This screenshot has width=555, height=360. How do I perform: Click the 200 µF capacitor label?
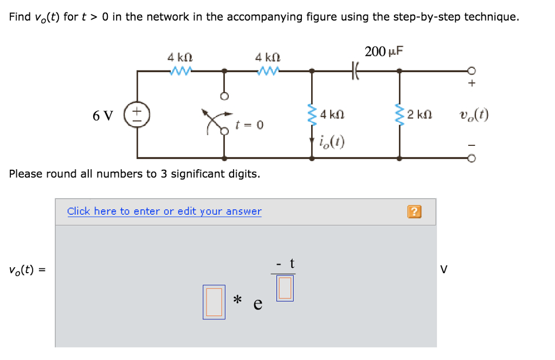(x=384, y=52)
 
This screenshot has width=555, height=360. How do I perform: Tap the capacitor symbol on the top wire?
(x=356, y=70)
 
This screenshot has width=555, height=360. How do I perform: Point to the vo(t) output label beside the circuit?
(x=473, y=115)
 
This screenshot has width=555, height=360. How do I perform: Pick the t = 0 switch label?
(x=249, y=125)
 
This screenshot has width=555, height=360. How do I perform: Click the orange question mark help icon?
(x=414, y=212)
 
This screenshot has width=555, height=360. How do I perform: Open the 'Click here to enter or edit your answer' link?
(x=164, y=211)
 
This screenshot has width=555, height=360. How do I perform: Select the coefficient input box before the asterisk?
(x=214, y=301)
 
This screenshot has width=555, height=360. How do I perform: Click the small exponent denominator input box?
(x=285, y=288)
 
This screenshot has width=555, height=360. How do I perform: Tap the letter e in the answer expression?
(x=258, y=304)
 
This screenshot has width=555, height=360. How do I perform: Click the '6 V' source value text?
(x=103, y=115)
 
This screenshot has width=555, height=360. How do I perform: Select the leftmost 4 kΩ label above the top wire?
(x=180, y=56)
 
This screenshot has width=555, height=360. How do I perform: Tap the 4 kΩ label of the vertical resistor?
(x=332, y=115)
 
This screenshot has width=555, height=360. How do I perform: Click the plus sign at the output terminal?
(x=472, y=84)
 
